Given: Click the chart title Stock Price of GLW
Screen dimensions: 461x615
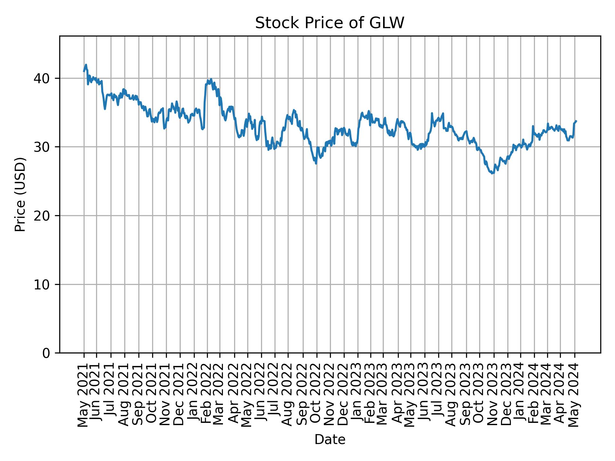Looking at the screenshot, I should pos(330,23).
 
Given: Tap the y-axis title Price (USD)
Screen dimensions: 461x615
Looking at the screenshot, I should pos(20,194).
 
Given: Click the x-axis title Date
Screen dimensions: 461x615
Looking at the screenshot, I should pos(330,440).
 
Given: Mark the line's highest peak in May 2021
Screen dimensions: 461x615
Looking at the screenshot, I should pos(86,65).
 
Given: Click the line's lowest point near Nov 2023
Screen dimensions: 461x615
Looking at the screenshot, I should pos(492,174).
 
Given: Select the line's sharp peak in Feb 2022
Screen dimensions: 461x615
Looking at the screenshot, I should pos(211,79).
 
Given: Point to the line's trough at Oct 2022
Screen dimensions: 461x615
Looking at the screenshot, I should pos(316,164).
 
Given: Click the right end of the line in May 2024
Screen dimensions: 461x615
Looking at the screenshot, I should pos(576,121).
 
